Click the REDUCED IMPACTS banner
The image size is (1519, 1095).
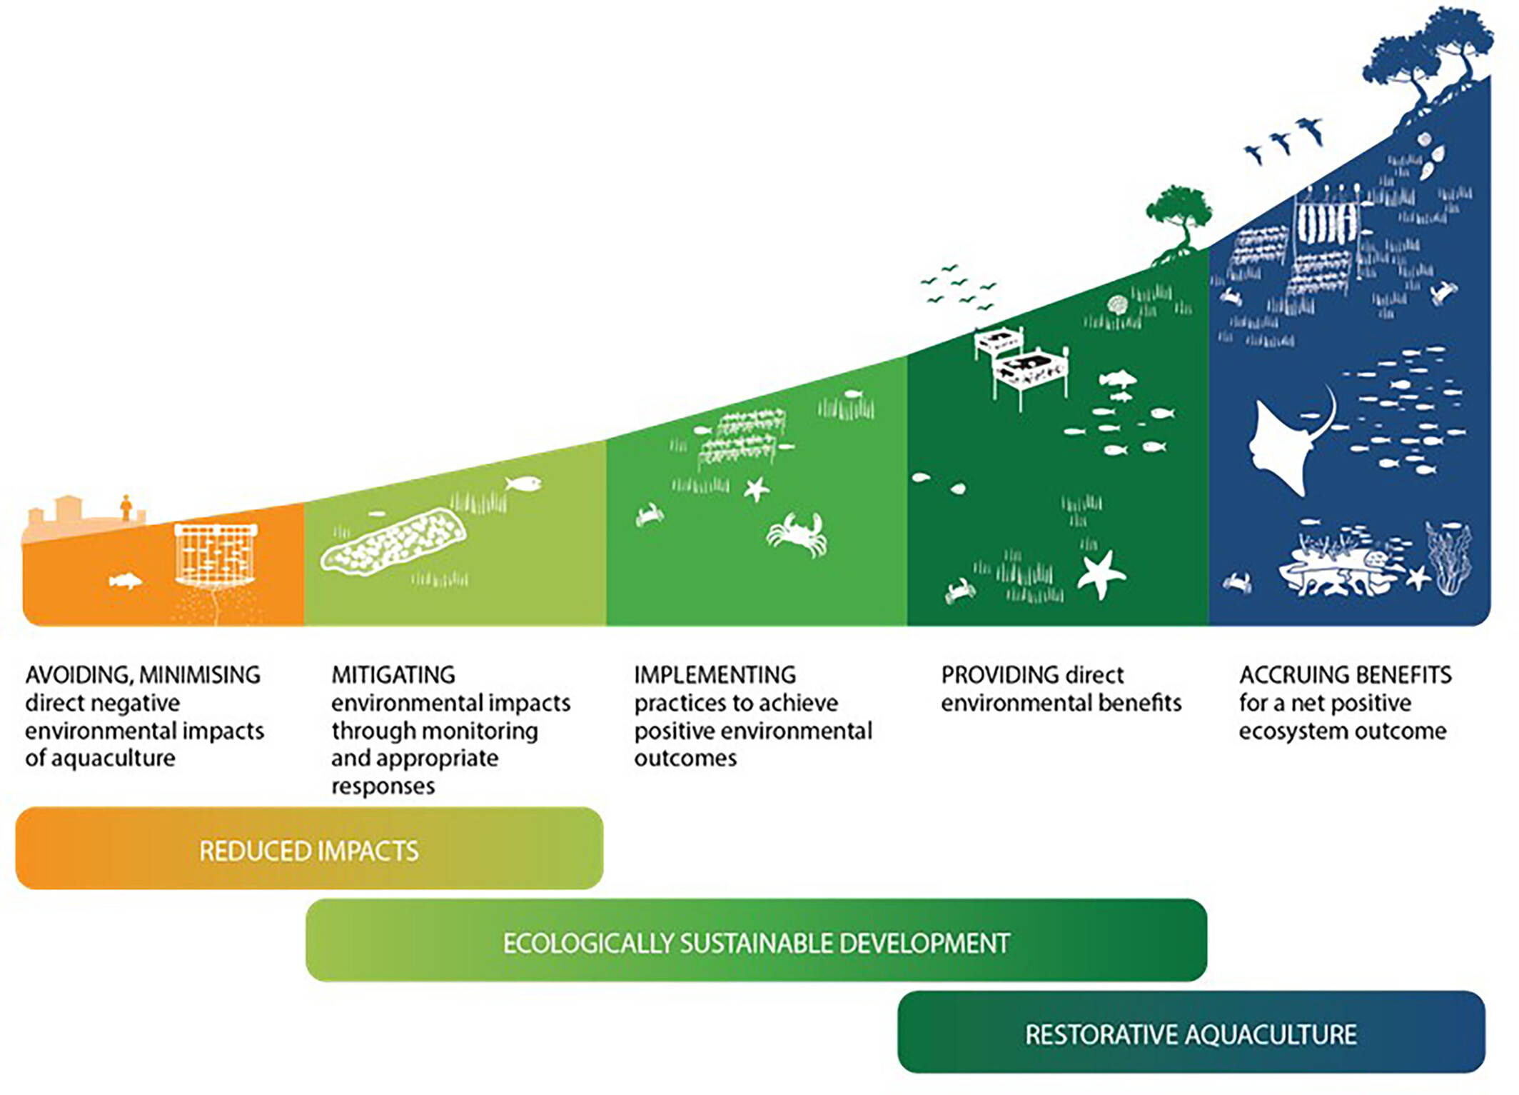pyautogui.click(x=309, y=849)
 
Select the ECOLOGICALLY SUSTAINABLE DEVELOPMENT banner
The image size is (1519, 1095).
pyautogui.click(x=756, y=941)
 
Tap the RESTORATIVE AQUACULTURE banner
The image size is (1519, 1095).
pyautogui.click(x=1191, y=1032)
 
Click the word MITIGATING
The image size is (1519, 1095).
pyautogui.click(x=393, y=674)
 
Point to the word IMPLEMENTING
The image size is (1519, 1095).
pyautogui.click(x=715, y=674)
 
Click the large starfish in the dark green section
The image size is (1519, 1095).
pyautogui.click(x=1101, y=574)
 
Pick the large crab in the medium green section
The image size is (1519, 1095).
pyautogui.click(x=797, y=534)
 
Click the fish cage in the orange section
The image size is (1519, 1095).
pyautogui.click(x=216, y=556)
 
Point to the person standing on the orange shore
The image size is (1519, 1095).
pyautogui.click(x=126, y=507)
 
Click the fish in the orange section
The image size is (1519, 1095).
pyautogui.click(x=125, y=580)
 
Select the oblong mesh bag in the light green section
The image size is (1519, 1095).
pyautogui.click(x=393, y=541)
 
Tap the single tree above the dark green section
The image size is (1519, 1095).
pyautogui.click(x=1179, y=222)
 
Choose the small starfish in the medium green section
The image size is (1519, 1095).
pyautogui.click(x=757, y=489)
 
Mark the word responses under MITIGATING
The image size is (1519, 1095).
pyautogui.click(x=383, y=786)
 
